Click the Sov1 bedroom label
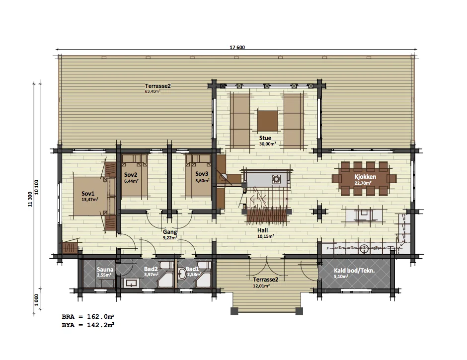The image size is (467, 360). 88,194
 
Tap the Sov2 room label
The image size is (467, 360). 131,175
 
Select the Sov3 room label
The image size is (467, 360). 202,174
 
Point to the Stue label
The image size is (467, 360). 265,138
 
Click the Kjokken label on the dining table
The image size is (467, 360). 365,177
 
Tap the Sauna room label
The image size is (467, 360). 105,270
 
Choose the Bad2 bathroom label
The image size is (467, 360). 151,269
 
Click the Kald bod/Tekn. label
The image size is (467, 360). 354,271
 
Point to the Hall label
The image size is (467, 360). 262,230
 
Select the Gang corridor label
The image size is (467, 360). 170,232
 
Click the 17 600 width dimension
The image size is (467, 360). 237,47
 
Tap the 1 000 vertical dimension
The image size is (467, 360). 36,300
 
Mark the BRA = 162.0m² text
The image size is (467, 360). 88,316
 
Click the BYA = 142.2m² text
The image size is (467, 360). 88,325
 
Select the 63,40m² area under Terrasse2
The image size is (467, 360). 153,91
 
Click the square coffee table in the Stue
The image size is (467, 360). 268,121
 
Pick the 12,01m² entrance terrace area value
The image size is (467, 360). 262,286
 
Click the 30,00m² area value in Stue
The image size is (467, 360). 267,144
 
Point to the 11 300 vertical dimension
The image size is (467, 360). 30,199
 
